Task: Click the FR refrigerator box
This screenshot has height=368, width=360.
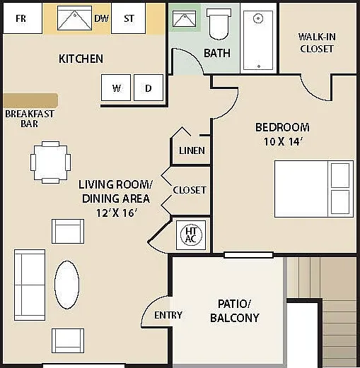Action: pos(23,18)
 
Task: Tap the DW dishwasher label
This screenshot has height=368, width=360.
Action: pos(102,18)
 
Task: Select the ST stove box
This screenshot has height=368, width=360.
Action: pos(128,18)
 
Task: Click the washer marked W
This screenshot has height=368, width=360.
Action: pos(116,88)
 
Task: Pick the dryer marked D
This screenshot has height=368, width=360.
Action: pos(149,88)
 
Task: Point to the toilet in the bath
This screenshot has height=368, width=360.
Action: pos(219,24)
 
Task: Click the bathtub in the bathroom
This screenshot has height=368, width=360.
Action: pos(258,40)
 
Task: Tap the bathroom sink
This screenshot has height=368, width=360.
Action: pos(185,18)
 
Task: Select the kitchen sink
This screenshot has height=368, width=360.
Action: pos(74,18)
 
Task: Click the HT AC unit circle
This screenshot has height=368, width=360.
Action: pos(191,235)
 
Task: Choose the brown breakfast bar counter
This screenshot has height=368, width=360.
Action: pos(30,100)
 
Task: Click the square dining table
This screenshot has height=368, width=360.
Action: pos(50,162)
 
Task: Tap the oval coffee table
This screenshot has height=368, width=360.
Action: pos(67,285)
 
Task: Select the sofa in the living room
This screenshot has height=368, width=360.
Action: pos(30,285)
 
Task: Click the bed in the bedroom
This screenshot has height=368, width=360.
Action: pos(314,189)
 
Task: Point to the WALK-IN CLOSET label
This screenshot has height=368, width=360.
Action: pos(317,43)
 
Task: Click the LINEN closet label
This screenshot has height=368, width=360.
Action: pos(192,150)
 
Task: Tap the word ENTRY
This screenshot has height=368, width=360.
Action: pos(168,315)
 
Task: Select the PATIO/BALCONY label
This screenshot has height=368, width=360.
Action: pos(235,311)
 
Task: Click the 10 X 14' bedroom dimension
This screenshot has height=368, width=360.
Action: pos(283,142)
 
